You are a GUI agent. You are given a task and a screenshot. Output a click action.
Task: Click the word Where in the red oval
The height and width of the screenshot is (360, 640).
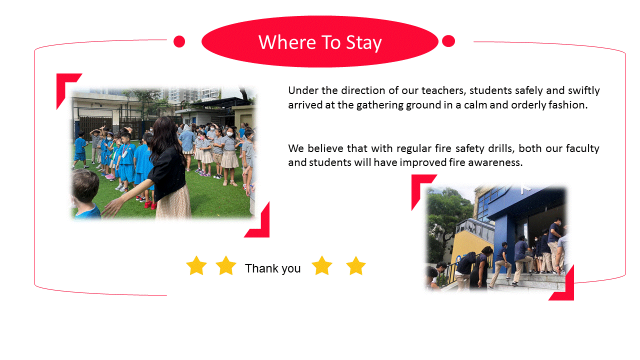[287, 42]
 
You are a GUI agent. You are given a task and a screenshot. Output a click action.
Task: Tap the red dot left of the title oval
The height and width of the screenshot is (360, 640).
[179, 41]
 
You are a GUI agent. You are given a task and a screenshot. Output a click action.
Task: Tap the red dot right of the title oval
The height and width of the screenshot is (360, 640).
[448, 41]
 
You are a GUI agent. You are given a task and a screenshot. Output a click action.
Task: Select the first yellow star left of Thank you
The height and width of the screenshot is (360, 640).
[196, 265]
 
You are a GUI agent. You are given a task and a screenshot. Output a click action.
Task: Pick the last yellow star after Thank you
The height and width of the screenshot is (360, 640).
[355, 265]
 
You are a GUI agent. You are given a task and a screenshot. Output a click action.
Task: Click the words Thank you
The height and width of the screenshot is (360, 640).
[273, 268]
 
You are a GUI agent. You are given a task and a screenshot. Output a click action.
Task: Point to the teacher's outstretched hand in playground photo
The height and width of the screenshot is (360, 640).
[111, 208]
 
